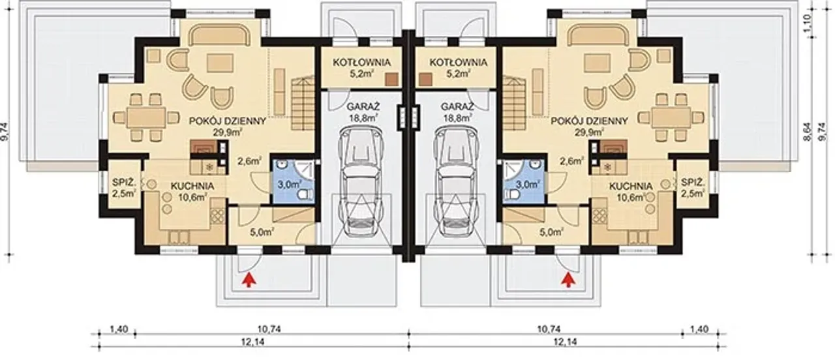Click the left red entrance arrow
coord(249,280)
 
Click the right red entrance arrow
coord(568,280)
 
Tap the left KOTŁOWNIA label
coord(361,62)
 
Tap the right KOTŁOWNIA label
coord(458,62)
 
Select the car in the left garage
coord(361,181)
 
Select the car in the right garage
coord(457,181)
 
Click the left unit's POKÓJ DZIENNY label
coord(228,121)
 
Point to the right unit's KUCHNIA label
coord(631,186)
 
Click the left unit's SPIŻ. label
coord(125,183)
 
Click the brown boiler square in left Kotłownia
coord(391,79)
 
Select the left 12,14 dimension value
coord(254,342)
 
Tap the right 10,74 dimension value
coord(549,329)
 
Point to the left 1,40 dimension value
coord(119,329)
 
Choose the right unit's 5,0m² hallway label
coord(552,233)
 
